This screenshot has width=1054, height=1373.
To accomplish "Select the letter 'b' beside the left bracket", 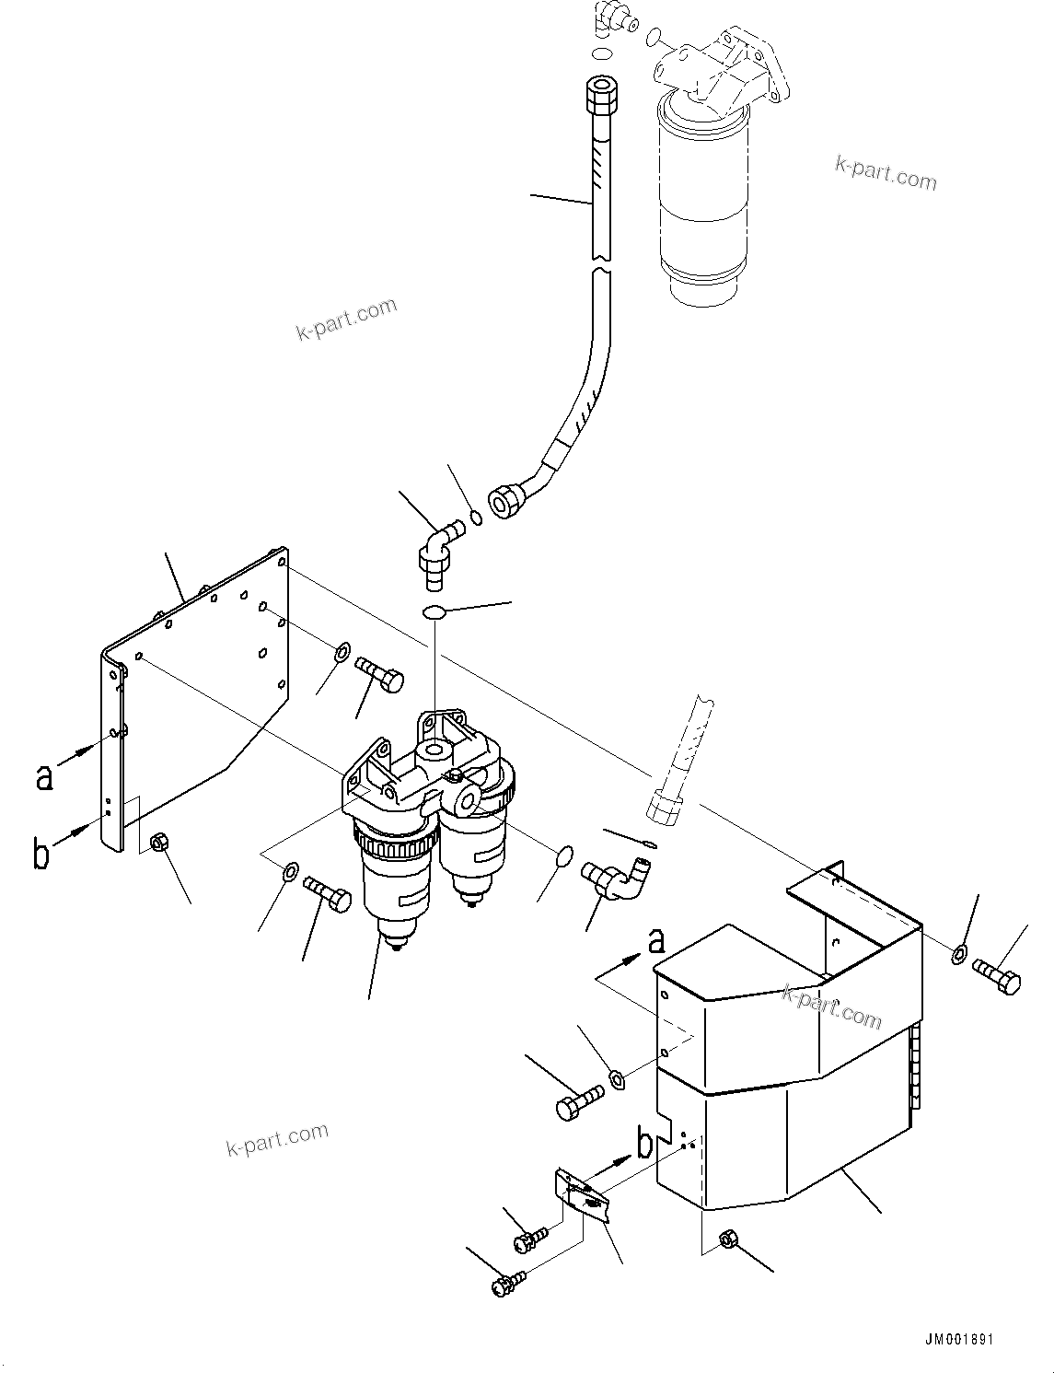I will click(x=41, y=853).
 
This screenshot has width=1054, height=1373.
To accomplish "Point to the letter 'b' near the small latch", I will click(x=645, y=1144).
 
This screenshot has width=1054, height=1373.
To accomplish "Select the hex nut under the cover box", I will click(x=727, y=1240).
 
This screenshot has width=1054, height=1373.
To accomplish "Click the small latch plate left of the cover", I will click(x=581, y=1195).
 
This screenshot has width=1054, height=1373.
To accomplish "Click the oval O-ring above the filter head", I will click(x=434, y=611).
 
